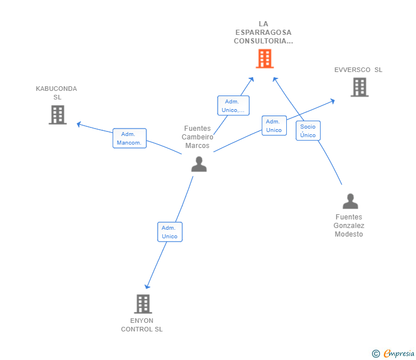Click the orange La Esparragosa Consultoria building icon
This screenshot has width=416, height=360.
[x=264, y=58]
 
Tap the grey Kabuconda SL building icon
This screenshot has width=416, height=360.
[x=57, y=115]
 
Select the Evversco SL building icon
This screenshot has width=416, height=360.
[x=359, y=87]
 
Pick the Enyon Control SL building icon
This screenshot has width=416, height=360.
[x=143, y=304]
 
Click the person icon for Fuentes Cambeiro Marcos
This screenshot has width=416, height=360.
[x=199, y=164]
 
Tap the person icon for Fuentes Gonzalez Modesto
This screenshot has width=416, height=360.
[x=350, y=201]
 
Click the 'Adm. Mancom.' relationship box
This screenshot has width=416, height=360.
[x=129, y=138]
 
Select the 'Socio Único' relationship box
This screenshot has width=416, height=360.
[x=308, y=131]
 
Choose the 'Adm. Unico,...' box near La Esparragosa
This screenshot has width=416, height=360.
[x=233, y=106]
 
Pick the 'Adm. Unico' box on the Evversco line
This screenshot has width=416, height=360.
[x=274, y=126]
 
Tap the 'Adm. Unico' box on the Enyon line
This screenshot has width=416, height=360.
[x=170, y=232]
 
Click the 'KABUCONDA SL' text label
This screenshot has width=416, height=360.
[x=57, y=93]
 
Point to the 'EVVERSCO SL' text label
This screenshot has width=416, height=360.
[x=358, y=70]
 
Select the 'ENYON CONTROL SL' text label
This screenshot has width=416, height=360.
[x=142, y=325]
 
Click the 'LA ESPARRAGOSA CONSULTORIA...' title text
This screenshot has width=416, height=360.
[x=263, y=33]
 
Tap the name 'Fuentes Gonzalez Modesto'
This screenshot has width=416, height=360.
[x=349, y=226]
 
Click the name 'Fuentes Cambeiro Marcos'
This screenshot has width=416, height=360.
[x=197, y=137]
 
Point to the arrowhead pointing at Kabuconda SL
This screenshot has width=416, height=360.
[x=79, y=124]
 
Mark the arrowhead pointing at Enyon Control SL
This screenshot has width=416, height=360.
[x=147, y=286]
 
